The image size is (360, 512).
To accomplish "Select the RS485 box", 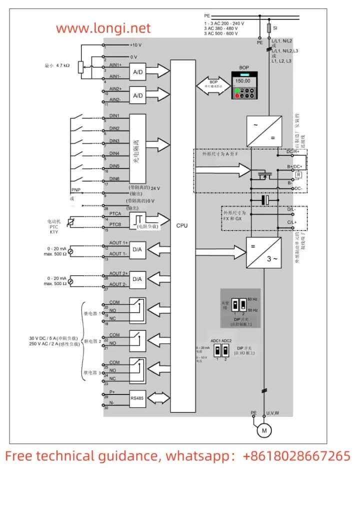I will coord(137,399).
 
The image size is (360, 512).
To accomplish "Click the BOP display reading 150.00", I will coord(243,80).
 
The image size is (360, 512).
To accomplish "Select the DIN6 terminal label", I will coord(114,178).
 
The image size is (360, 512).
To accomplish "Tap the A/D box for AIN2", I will coord(137,94).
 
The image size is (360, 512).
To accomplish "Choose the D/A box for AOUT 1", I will coord(137,249).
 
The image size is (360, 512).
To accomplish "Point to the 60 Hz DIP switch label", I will coord(253,299).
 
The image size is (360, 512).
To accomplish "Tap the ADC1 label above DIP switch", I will coord(215,341).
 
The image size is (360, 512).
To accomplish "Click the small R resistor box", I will coord(298,174).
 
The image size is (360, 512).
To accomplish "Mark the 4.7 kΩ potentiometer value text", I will coord(59,65).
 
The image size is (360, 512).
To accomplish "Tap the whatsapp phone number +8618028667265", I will coord(297,456).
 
